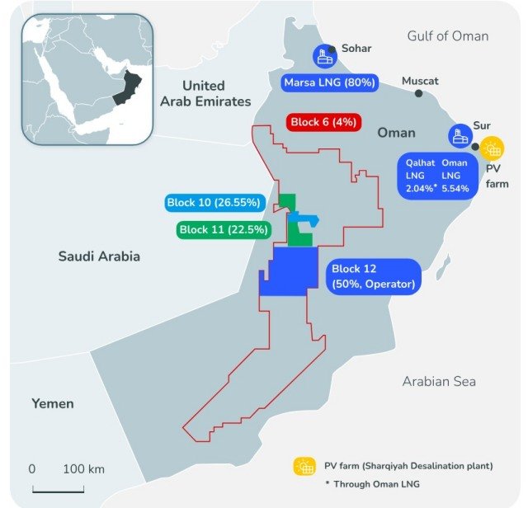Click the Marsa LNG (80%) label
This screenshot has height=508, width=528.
[x=329, y=82]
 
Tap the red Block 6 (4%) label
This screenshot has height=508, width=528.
[x=323, y=122]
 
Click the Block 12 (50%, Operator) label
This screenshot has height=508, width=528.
[x=371, y=276]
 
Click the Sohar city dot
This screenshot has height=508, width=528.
[x=332, y=49]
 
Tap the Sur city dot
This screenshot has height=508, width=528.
[x=468, y=125]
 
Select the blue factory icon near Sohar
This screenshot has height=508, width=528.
[x=323, y=57]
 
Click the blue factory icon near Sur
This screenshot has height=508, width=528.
[x=459, y=137]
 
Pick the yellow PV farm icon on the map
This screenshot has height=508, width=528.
[x=493, y=148]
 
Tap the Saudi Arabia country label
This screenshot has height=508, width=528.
[x=99, y=256]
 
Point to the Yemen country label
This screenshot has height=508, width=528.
[x=53, y=403]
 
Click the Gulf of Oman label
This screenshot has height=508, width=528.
[x=448, y=35]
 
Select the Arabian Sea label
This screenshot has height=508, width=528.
[x=438, y=381]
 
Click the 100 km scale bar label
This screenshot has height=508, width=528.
[x=84, y=468]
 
